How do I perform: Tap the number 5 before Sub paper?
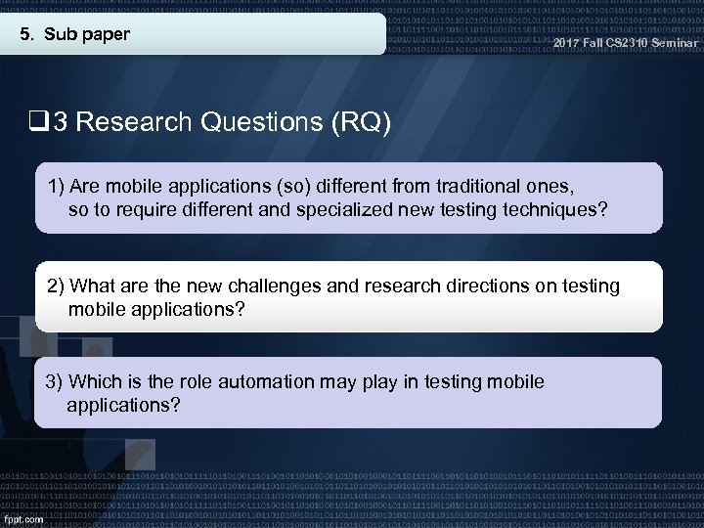[26, 36]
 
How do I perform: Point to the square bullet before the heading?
[40, 122]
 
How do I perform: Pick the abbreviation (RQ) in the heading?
[361, 122]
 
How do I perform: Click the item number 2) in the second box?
[57, 286]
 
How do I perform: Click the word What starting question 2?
[94, 286]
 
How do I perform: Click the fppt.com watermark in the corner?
[23, 519]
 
